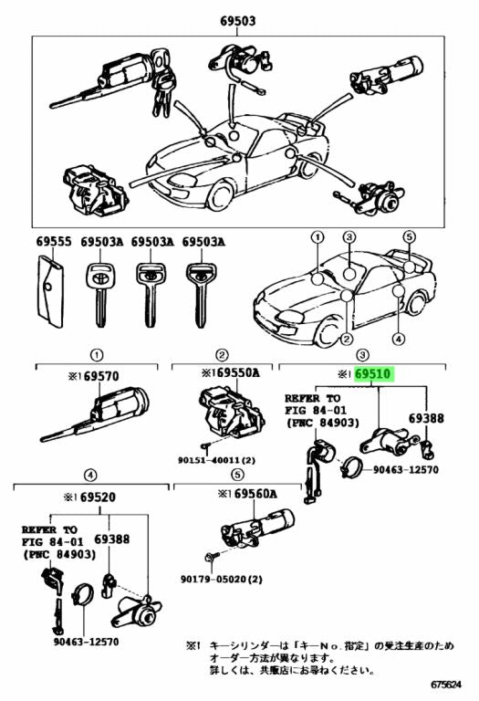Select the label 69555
[53, 242]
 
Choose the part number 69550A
[230, 373]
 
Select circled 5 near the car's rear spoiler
[410, 235]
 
